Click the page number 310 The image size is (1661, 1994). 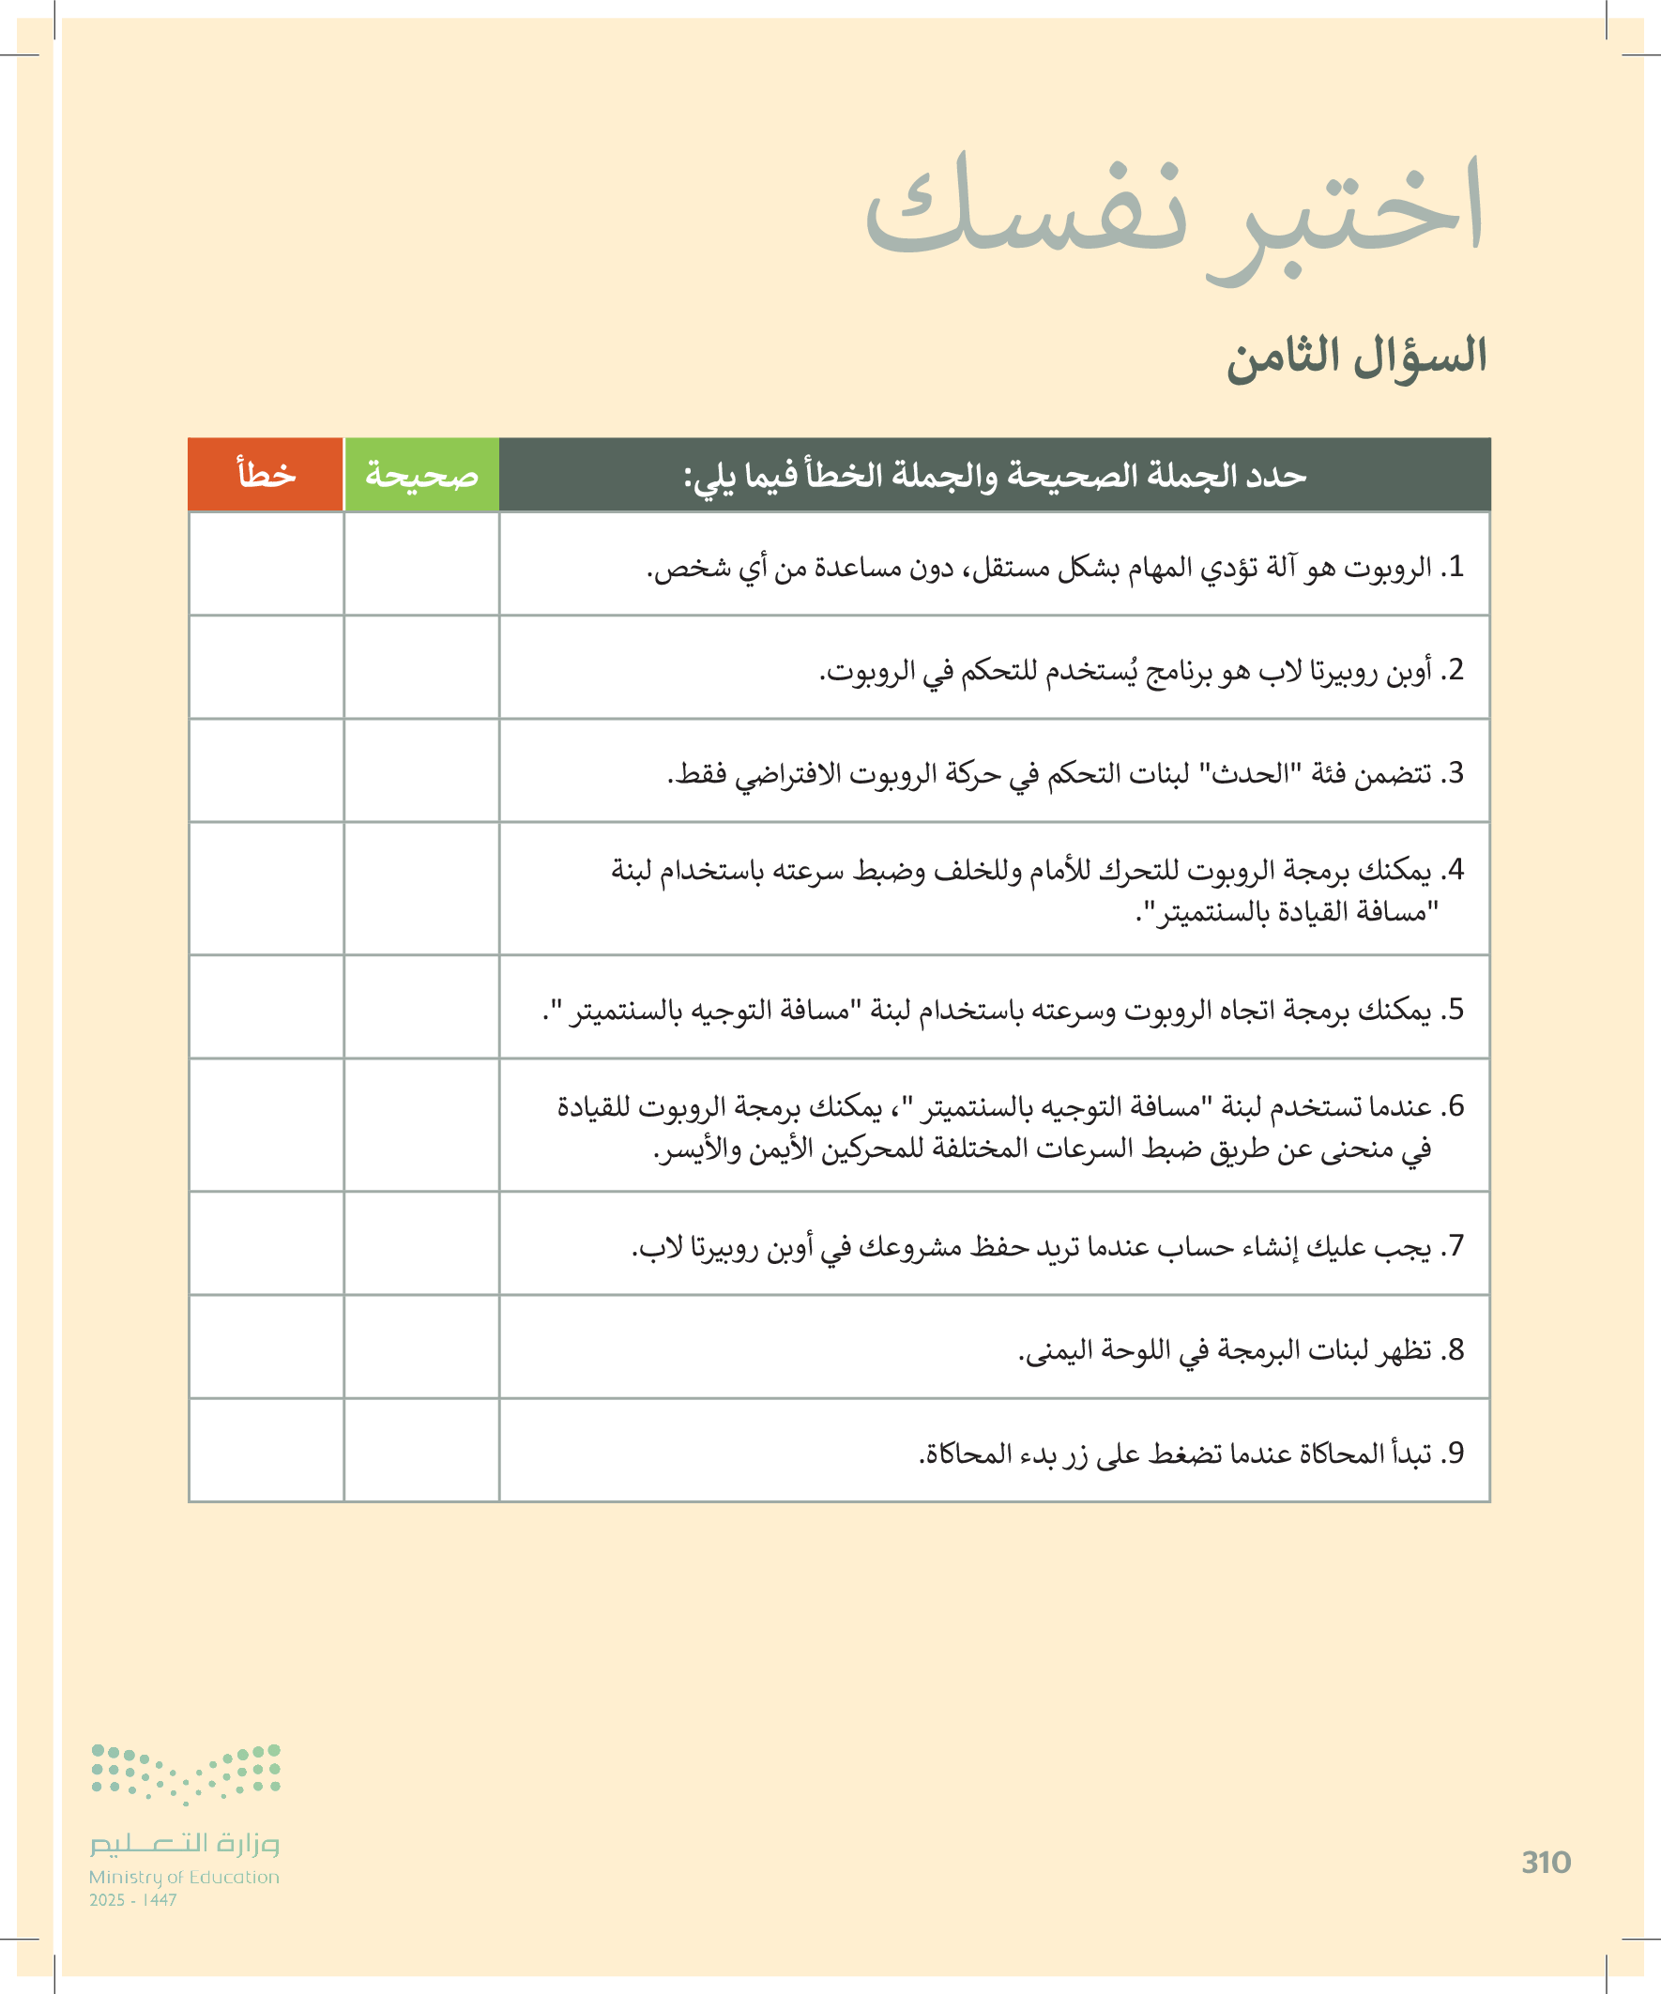(1546, 1862)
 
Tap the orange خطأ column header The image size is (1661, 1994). (266, 474)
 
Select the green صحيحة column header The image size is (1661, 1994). (421, 474)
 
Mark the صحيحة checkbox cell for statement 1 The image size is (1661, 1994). (421, 564)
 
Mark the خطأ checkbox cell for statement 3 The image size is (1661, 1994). (266, 770)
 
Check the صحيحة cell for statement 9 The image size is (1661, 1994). (421, 1450)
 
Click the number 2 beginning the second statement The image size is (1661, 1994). (1455, 669)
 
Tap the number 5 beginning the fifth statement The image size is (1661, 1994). (1455, 1009)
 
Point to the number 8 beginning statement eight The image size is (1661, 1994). (1455, 1348)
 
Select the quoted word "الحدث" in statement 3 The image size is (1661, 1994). (1245, 773)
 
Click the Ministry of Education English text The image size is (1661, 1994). (184, 1878)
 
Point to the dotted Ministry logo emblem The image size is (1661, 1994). (186, 1773)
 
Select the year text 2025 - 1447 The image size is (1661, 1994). (133, 1900)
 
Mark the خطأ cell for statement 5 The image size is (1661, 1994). (266, 1007)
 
